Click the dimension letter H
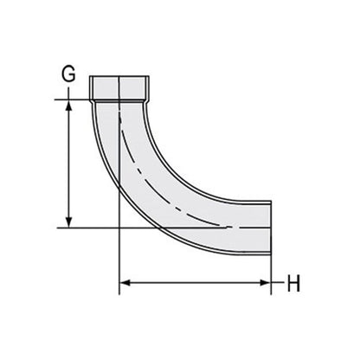293,283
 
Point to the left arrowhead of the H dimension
124,282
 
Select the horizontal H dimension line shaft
195,282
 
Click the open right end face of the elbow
271,228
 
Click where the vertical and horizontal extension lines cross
118,228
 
